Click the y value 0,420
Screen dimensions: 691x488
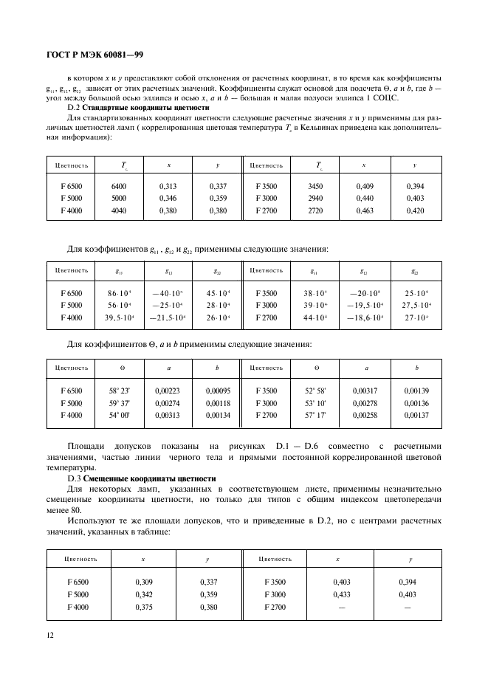[415, 210]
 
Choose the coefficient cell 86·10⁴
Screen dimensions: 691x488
[119, 293]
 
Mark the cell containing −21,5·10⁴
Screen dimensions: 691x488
[168, 317]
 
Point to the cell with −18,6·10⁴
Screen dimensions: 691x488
[365, 317]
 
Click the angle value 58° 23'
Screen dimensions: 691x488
[120, 391]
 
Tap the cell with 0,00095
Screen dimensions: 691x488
[218, 391]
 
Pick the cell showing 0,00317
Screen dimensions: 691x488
[365, 391]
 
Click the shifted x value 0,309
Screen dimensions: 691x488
[143, 582]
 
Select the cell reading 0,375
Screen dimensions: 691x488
[143, 607]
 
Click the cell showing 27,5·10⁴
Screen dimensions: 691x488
[416, 305]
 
